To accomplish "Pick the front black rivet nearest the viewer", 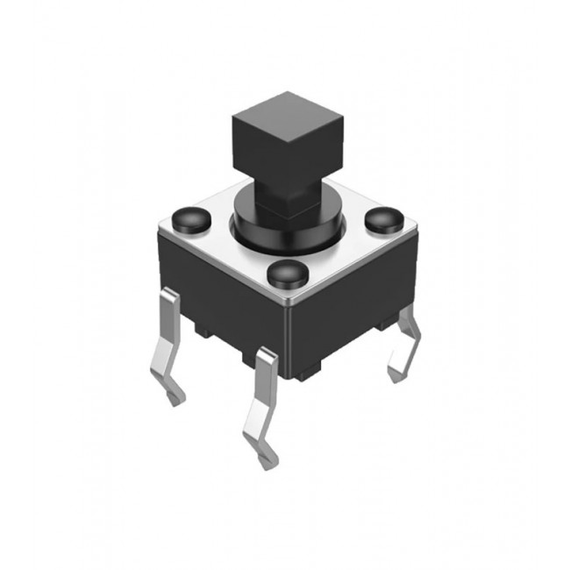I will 286,274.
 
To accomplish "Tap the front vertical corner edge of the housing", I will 294,342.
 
